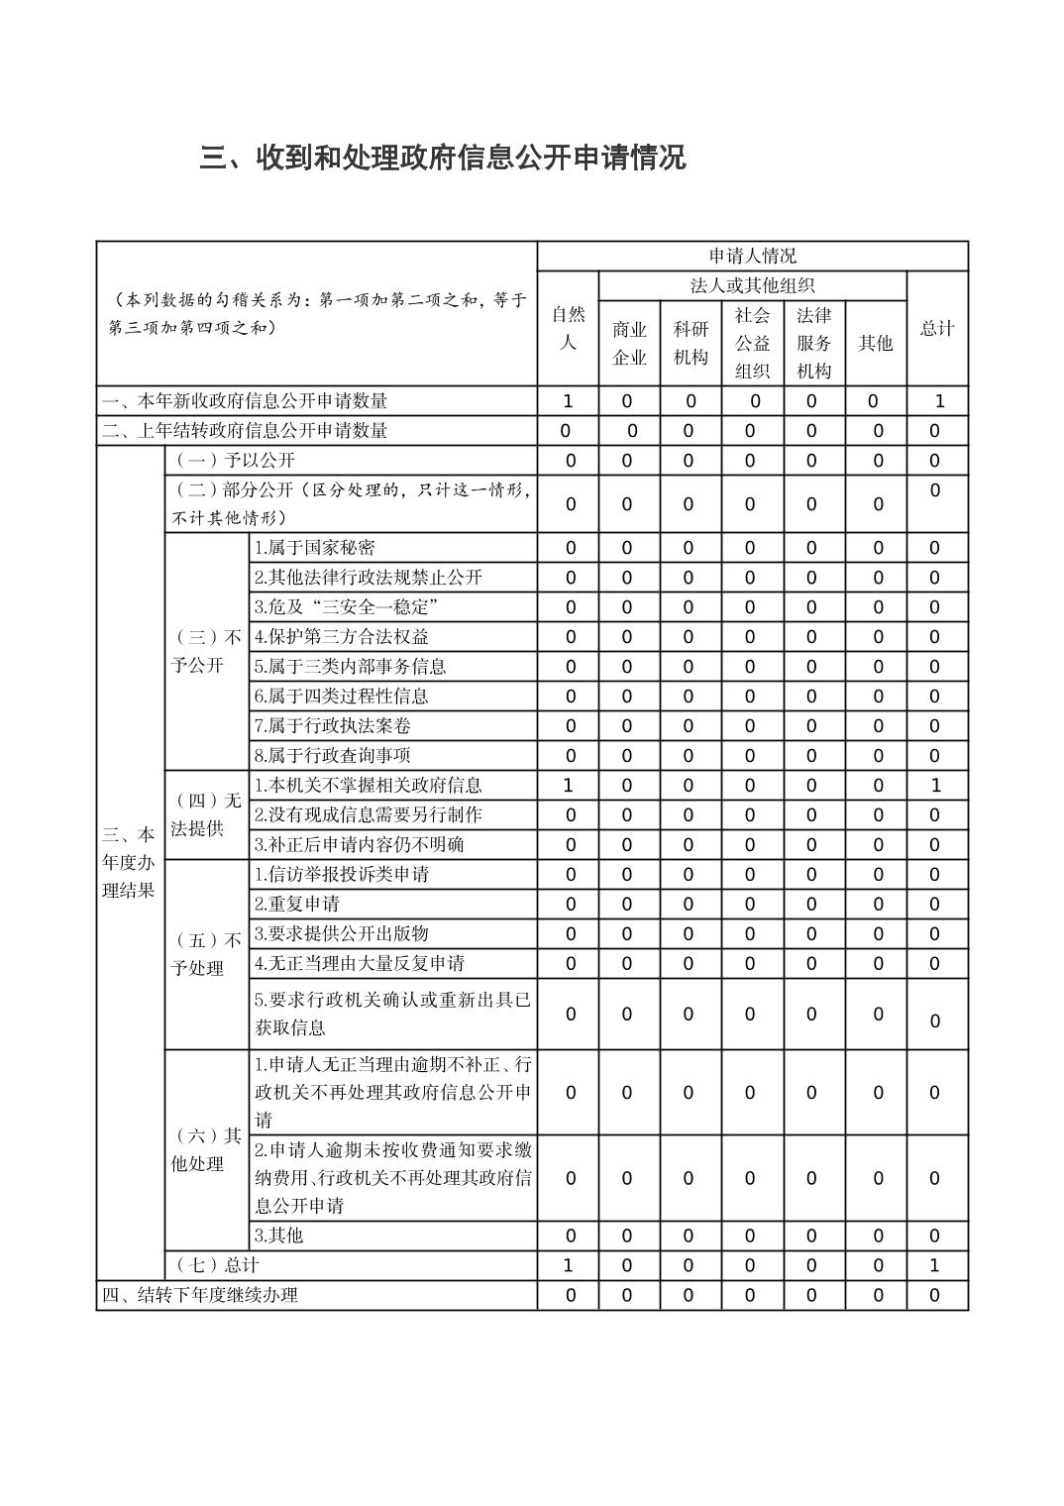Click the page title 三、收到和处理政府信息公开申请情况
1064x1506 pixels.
[x=442, y=158]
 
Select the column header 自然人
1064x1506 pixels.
[x=568, y=328]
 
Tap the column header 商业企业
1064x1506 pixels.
[x=629, y=343]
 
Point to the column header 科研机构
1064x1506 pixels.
[x=691, y=343]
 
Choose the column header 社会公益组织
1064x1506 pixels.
[x=752, y=343]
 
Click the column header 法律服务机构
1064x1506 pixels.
[x=813, y=343]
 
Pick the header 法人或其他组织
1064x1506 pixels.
[x=752, y=286]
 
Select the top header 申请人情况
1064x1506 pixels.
[x=752, y=257]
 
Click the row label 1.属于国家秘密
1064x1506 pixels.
[x=315, y=548]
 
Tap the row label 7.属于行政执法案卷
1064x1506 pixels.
[x=332, y=726]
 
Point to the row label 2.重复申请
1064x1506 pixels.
[x=297, y=905]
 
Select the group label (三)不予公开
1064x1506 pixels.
[x=206, y=651]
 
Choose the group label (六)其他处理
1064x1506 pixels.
[x=206, y=1149]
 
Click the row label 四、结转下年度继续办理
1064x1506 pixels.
[x=200, y=1295]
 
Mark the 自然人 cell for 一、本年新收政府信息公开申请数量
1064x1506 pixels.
[x=568, y=401]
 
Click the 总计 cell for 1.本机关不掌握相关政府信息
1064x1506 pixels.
[x=935, y=786]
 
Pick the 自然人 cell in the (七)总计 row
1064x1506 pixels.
[x=568, y=1265]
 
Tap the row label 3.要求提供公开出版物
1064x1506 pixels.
[x=342, y=934]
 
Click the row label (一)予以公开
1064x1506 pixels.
[x=234, y=461]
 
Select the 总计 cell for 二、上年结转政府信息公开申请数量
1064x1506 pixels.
[x=935, y=431]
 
